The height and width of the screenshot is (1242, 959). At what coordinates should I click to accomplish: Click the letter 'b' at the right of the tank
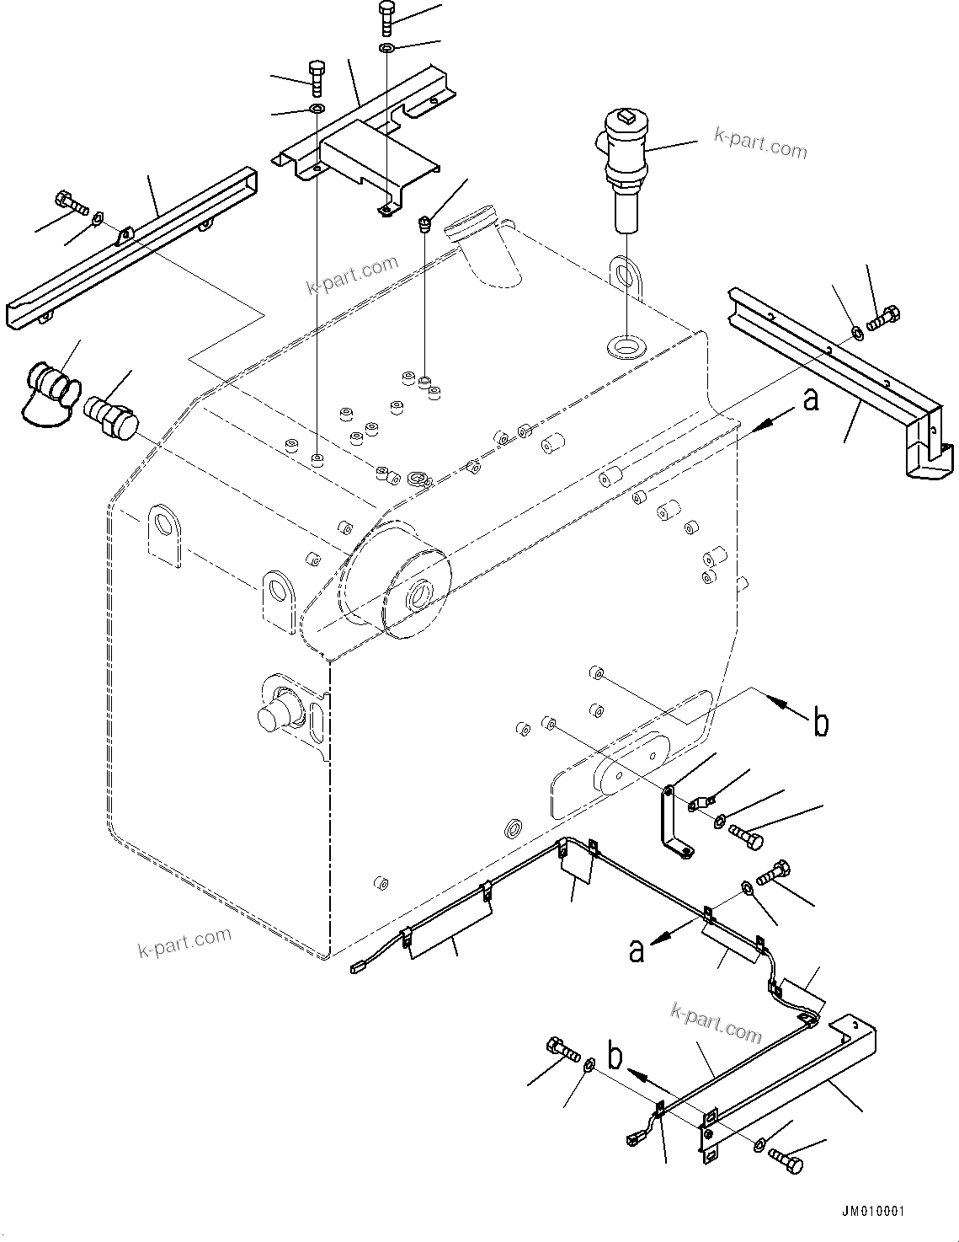(821, 723)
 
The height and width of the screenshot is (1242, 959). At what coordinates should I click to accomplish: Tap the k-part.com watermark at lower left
(184, 942)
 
